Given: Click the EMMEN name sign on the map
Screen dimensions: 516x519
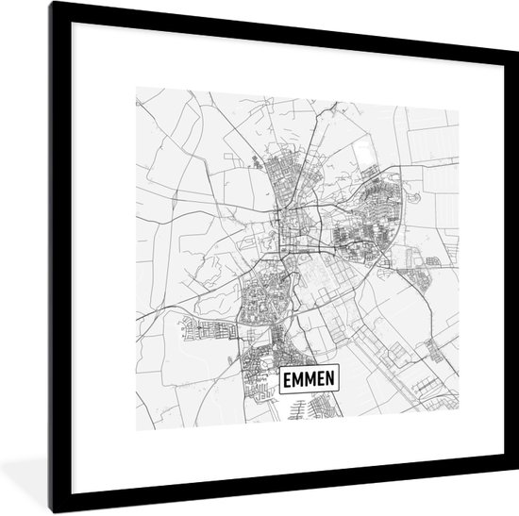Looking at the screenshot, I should point(311,381).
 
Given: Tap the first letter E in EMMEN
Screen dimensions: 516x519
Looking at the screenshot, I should point(287,381).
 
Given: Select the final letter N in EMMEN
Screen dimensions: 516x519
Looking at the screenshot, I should point(337,381).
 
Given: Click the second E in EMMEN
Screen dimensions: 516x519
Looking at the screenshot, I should point(326,381).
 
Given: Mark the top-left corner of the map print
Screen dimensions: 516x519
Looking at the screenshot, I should point(136,88).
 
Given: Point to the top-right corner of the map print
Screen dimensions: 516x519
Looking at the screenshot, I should point(458,88).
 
